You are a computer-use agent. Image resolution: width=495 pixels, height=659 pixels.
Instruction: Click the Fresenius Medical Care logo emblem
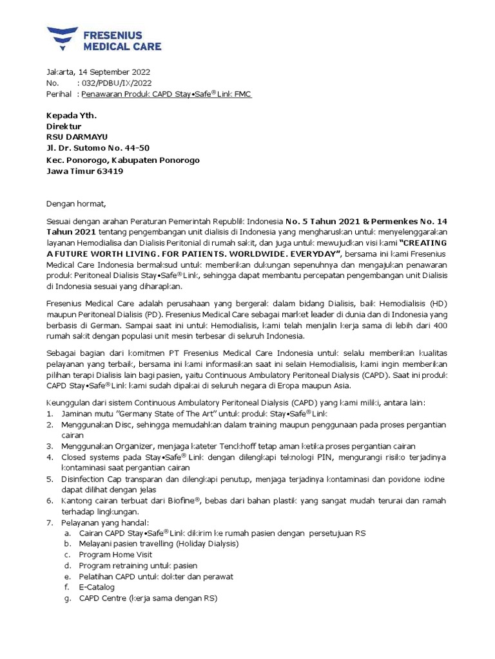(x=62, y=39)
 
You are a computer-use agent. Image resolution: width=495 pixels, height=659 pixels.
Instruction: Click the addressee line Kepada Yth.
(x=71, y=116)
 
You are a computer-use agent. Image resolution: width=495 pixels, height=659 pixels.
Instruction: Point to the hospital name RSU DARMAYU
(x=77, y=137)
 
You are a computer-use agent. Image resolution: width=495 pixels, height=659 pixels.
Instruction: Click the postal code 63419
(x=110, y=171)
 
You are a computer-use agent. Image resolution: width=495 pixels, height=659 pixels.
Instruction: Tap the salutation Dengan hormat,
(x=75, y=204)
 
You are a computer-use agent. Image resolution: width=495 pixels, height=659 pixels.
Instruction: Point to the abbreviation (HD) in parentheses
(x=435, y=302)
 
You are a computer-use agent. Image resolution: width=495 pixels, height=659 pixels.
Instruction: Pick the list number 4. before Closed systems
(x=50, y=457)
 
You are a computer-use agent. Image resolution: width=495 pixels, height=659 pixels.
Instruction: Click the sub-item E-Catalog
(x=97, y=588)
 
